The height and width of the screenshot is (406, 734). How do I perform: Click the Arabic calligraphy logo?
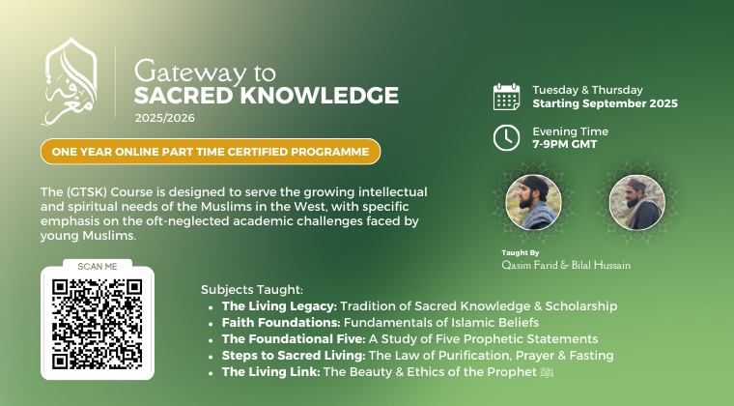(71, 82)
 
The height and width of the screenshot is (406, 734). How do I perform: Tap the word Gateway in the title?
(189, 72)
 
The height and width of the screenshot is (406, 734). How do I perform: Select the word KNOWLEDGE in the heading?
(320, 96)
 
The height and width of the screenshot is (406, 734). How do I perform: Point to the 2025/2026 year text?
(165, 118)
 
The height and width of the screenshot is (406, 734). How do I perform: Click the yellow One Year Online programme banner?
(211, 152)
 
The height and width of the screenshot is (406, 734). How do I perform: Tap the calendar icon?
(506, 97)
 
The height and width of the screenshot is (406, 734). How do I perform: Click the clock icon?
(506, 137)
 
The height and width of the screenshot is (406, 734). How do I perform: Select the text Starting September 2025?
(605, 103)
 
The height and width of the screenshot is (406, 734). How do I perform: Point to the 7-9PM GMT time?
(565, 144)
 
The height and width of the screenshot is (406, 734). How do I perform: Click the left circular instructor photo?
(534, 202)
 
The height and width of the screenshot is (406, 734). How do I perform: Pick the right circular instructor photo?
(637, 202)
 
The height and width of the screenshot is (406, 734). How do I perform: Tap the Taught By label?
(520, 253)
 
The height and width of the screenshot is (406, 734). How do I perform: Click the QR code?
(98, 324)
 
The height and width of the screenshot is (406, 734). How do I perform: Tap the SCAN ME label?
(98, 267)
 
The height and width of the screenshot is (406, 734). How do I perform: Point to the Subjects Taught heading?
(252, 290)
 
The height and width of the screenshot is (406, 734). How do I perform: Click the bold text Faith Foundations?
(281, 323)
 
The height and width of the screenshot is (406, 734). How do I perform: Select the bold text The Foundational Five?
(294, 339)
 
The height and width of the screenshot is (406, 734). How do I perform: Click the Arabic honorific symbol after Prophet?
(547, 372)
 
